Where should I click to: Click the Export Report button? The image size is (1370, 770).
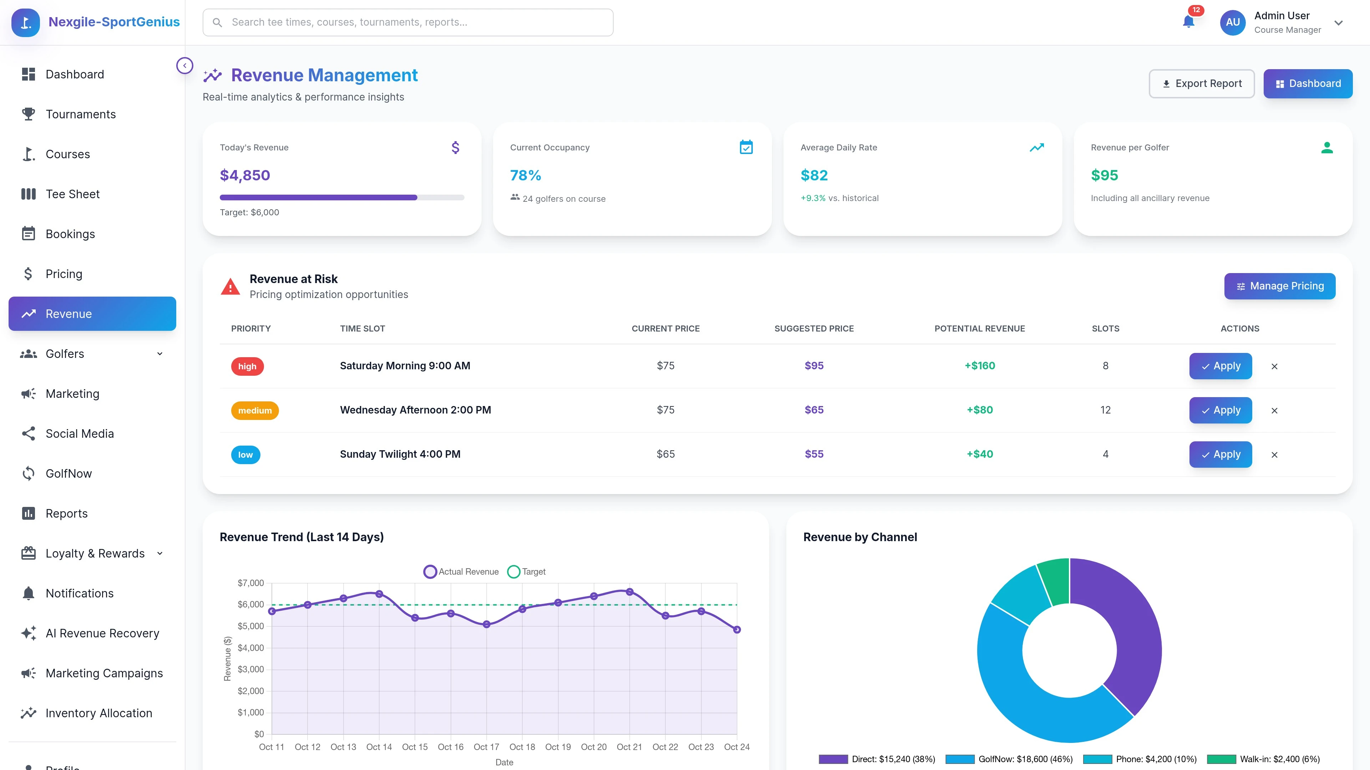(x=1201, y=83)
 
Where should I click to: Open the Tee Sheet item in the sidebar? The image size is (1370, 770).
(x=72, y=194)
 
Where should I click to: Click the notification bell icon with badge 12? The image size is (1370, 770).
(x=1188, y=22)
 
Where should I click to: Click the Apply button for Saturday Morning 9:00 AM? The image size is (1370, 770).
(x=1220, y=366)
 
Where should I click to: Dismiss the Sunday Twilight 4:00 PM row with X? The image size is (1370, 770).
(x=1274, y=455)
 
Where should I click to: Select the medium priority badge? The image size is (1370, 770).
(x=255, y=410)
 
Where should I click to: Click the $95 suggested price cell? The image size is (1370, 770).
(x=814, y=366)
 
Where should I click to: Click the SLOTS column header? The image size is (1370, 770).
(x=1105, y=328)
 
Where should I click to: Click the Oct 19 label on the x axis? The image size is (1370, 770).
(x=558, y=746)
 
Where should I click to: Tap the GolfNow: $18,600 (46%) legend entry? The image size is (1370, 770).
(x=1009, y=759)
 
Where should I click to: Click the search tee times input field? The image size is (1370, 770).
(x=408, y=22)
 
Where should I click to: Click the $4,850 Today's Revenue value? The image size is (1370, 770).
(x=245, y=175)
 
